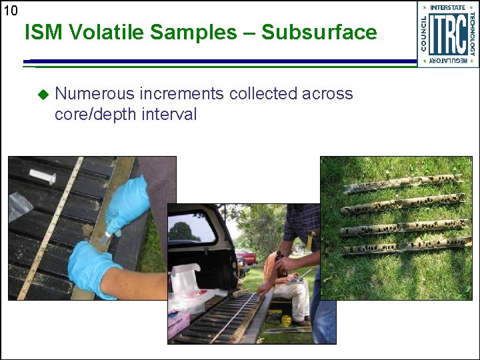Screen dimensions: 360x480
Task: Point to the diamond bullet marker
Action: tap(43, 95)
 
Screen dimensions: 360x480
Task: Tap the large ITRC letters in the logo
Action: tap(447, 33)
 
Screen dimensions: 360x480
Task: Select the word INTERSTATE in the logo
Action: tap(448, 7)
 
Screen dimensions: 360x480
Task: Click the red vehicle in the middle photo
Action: tap(247, 256)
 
